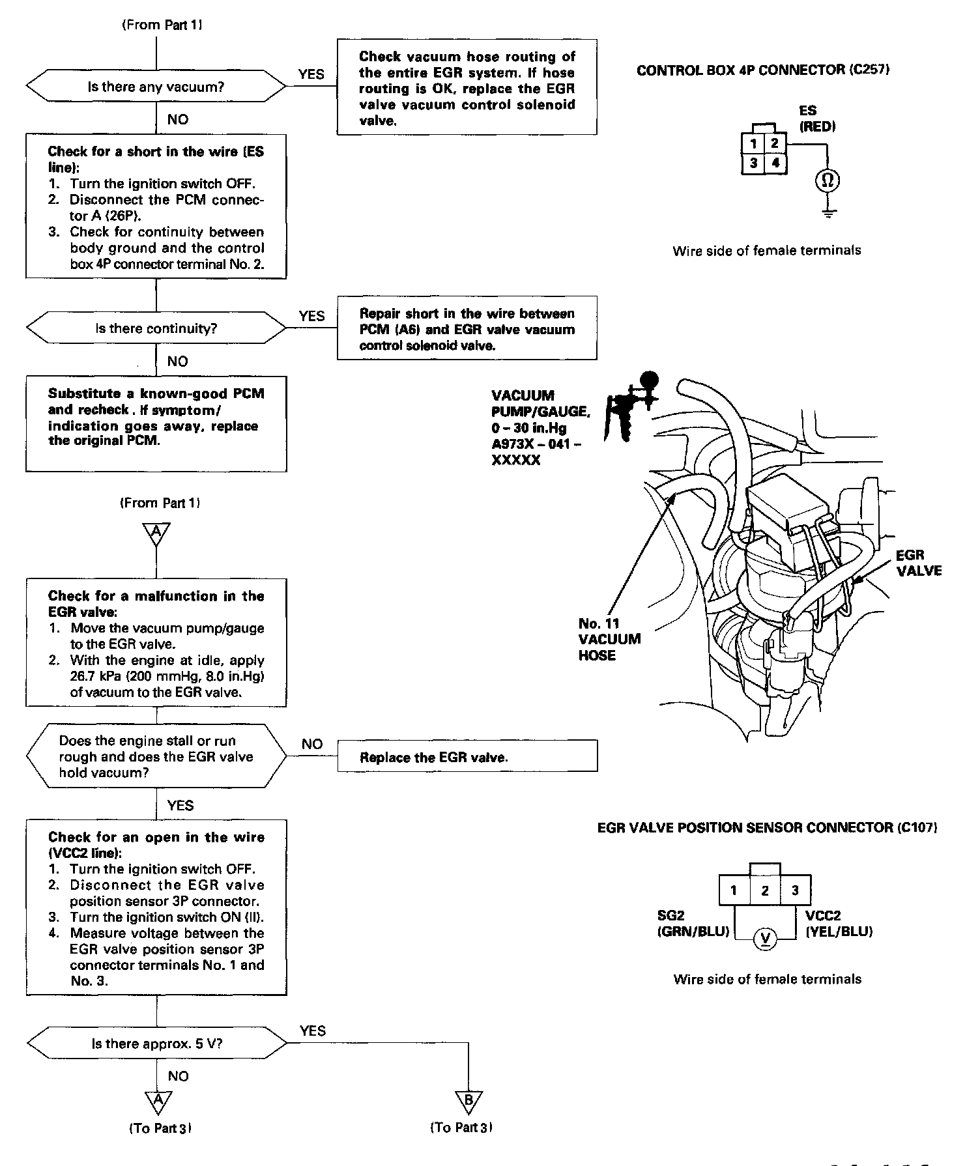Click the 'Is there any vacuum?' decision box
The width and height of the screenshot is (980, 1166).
[x=156, y=87]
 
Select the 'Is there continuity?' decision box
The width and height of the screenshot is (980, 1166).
[x=156, y=328]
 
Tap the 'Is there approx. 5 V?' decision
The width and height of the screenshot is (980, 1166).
[x=156, y=1044]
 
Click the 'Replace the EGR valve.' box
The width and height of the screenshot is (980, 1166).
[x=467, y=757]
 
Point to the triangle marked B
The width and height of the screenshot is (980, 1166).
[x=468, y=1100]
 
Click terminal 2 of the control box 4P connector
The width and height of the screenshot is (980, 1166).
[x=775, y=143]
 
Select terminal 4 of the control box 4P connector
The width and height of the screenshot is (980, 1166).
[x=775, y=163]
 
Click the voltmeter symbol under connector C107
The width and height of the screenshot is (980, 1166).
[x=765, y=939]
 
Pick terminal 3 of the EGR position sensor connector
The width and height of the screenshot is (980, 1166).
[x=795, y=890]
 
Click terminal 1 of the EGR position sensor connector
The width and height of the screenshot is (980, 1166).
[x=734, y=890]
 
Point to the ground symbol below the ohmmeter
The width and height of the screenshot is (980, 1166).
[x=828, y=213]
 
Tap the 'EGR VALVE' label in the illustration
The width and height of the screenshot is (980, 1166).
[x=918, y=563]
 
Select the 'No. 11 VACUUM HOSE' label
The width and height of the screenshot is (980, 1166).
[x=609, y=639]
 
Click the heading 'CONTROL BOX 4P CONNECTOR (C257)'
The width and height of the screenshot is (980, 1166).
[x=763, y=70]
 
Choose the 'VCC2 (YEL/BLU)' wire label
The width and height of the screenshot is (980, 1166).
[x=839, y=924]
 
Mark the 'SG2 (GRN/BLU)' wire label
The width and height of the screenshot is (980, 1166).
[x=692, y=924]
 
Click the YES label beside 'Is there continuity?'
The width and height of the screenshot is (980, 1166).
[x=311, y=316]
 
